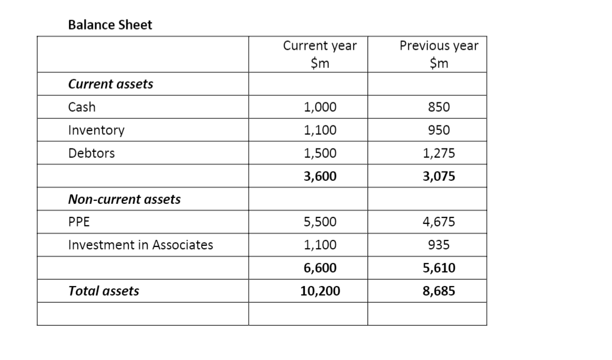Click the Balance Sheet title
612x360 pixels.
tap(110, 25)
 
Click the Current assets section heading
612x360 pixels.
tap(110, 84)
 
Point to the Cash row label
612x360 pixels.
tap(82, 107)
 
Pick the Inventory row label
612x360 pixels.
tap(96, 130)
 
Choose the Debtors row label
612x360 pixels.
tap(92, 153)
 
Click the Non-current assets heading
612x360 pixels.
tap(124, 199)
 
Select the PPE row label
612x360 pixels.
tap(79, 222)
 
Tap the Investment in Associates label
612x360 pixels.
tap(141, 245)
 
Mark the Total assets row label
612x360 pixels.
tap(104, 291)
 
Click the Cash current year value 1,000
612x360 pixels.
tap(320, 107)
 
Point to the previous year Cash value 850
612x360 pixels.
tap(439, 107)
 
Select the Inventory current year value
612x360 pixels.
tap(320, 130)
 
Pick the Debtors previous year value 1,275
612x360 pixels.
tap(439, 153)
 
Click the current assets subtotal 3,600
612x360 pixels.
tap(320, 176)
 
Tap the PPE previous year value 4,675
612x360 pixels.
tap(439, 222)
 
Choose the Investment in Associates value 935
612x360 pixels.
tap(439, 245)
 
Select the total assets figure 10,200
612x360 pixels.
tap(320, 291)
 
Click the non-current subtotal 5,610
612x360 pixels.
tap(439, 268)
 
